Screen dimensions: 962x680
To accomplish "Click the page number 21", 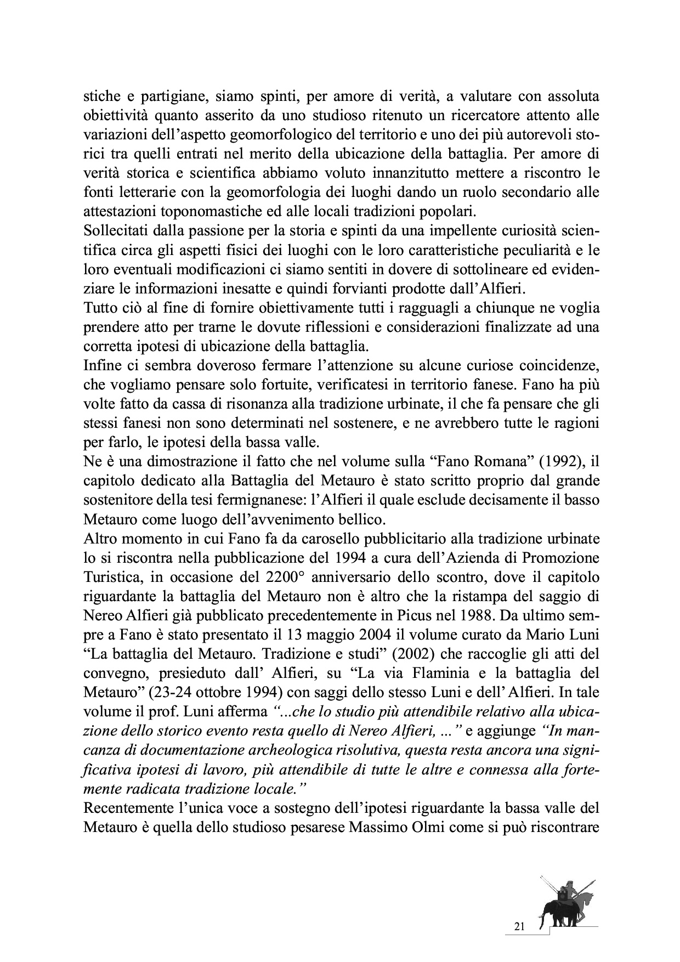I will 520,927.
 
